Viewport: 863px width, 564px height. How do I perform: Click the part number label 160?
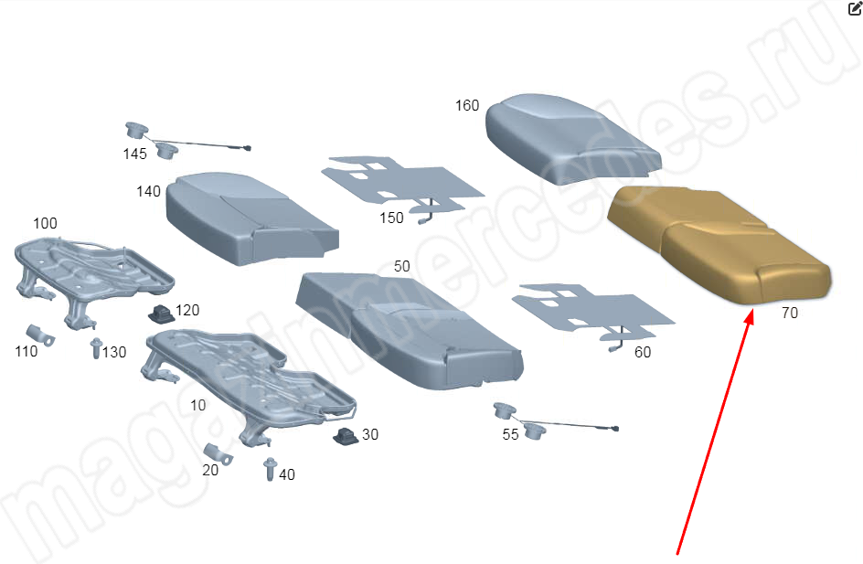(x=467, y=105)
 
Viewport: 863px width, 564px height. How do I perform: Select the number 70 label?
(x=789, y=313)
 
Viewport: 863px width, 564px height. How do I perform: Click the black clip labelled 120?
(x=161, y=314)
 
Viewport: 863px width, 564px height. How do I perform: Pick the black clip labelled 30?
(x=346, y=436)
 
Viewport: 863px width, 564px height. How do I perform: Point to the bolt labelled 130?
(x=96, y=348)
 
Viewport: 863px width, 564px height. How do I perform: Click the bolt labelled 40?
(x=270, y=469)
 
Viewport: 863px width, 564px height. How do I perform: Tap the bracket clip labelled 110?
(x=40, y=335)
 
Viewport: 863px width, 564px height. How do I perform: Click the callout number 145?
(x=135, y=154)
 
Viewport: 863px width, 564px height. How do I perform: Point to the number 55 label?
(x=510, y=434)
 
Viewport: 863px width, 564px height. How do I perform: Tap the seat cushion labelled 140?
(x=252, y=218)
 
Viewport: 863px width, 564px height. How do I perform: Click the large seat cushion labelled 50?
(x=409, y=331)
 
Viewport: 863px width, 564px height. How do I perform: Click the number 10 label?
(x=198, y=405)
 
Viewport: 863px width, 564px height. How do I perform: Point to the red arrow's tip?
(x=751, y=311)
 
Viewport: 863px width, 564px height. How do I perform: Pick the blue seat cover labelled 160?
(x=572, y=139)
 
